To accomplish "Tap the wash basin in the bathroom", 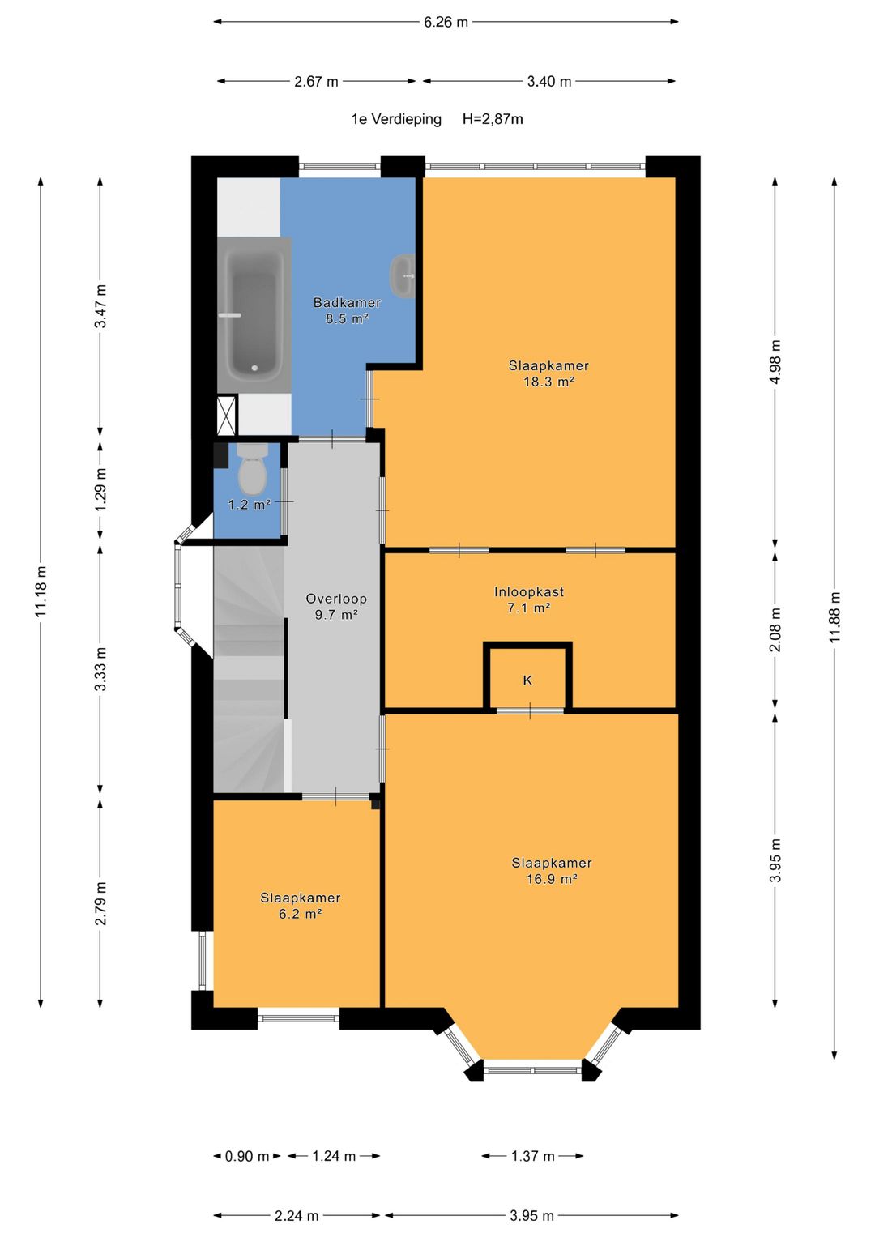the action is [x=403, y=276].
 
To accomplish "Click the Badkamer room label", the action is [x=347, y=303].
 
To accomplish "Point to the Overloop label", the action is [x=336, y=599].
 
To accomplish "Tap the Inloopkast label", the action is [x=528, y=592].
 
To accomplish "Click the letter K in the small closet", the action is [x=527, y=680].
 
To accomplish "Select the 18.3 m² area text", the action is [x=549, y=382].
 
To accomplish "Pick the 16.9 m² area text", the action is [x=552, y=879].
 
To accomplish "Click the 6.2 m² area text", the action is [x=301, y=914].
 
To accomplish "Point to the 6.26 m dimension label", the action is [x=446, y=22].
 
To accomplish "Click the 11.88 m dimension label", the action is [x=834, y=616].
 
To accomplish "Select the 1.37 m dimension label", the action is [x=532, y=1156].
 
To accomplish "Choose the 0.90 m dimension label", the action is [x=247, y=1156].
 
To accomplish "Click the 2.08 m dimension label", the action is [x=775, y=629].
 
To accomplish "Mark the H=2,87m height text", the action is [x=493, y=119].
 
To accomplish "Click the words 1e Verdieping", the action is [x=397, y=119].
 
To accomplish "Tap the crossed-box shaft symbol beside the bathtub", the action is [x=227, y=415].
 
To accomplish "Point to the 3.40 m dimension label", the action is [x=549, y=82].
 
